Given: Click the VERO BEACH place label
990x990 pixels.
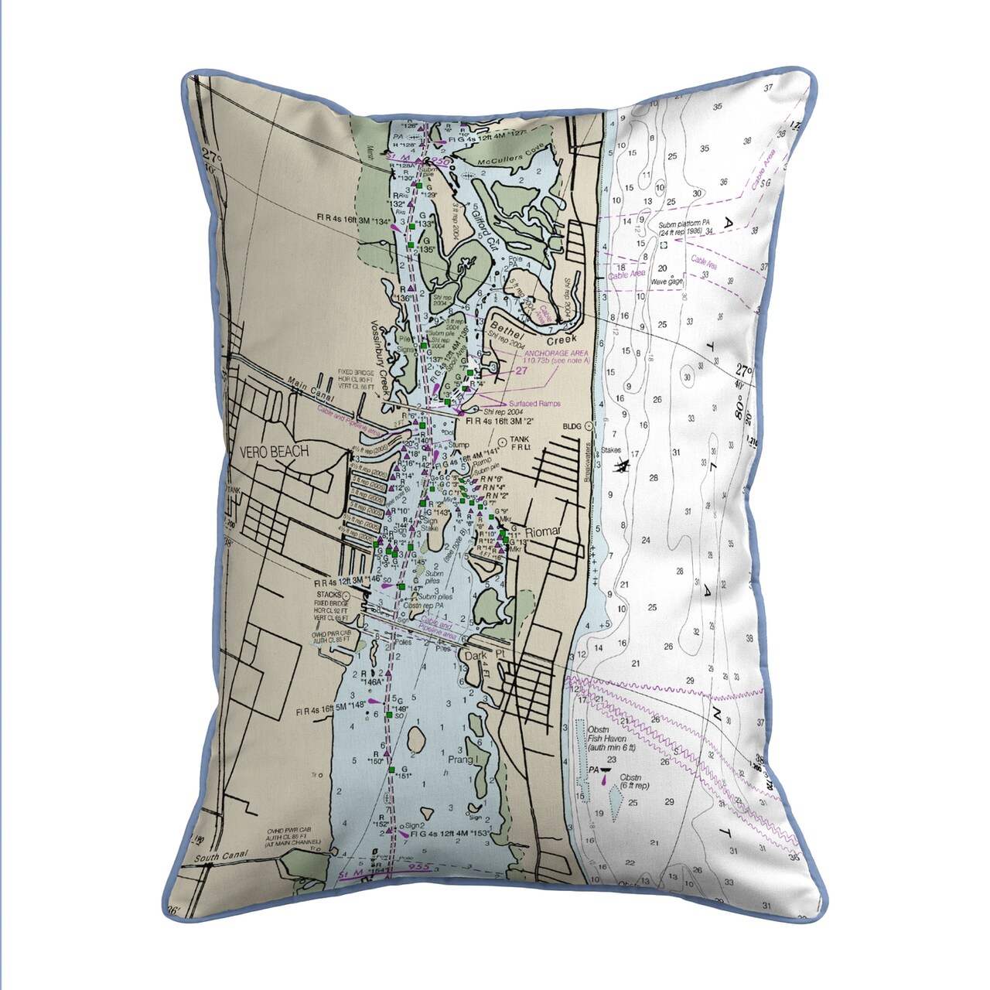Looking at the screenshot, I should pyautogui.click(x=274, y=452).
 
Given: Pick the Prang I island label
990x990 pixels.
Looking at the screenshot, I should pyautogui.click(x=461, y=761).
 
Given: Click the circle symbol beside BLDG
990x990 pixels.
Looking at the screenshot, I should pyautogui.click(x=589, y=426).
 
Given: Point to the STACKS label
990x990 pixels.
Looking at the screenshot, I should pyautogui.click(x=328, y=594).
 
